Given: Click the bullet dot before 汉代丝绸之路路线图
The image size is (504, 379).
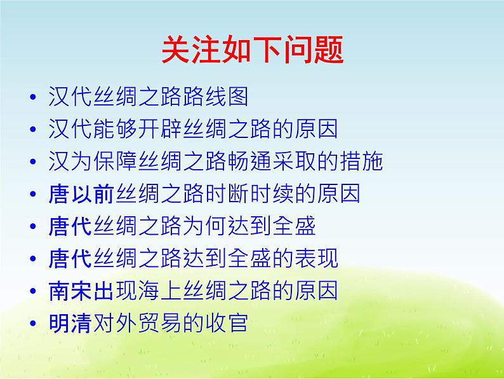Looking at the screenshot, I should point(34,98).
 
